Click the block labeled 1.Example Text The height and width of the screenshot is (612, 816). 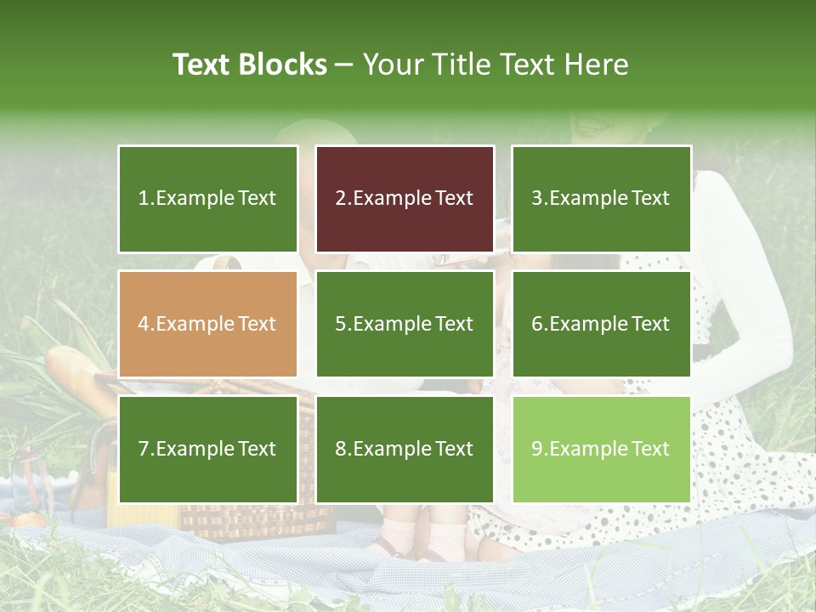tap(207, 199)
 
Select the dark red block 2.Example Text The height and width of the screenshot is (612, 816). tap(405, 199)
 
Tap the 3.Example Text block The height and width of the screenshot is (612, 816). tap(601, 199)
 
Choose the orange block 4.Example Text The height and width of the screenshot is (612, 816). tap(207, 324)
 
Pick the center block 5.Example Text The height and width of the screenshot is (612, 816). tap(405, 324)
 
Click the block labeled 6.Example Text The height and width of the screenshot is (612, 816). tap(601, 324)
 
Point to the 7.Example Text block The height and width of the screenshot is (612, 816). tap(207, 449)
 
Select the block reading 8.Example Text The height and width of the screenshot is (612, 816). tap(405, 449)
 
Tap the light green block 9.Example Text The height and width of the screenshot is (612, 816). tap(601, 449)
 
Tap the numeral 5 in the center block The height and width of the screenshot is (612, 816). tap(340, 324)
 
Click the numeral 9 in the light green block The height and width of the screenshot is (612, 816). tap(536, 449)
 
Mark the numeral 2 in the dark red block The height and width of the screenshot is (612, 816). tap(340, 199)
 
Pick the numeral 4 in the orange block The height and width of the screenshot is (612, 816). tap(144, 324)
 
